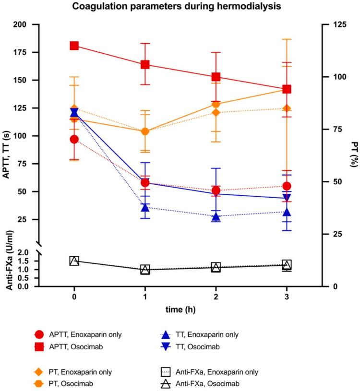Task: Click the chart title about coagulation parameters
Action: [180, 7]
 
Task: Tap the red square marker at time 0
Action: [74, 46]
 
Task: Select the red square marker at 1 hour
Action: [145, 65]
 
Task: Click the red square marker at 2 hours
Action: [216, 77]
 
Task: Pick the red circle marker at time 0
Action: [74, 139]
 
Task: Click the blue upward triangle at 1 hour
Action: [145, 207]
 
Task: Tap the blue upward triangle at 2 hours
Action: [216, 216]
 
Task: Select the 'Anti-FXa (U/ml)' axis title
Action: [9, 259]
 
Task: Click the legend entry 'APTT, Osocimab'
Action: [72, 345]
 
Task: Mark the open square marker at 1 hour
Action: [145, 270]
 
